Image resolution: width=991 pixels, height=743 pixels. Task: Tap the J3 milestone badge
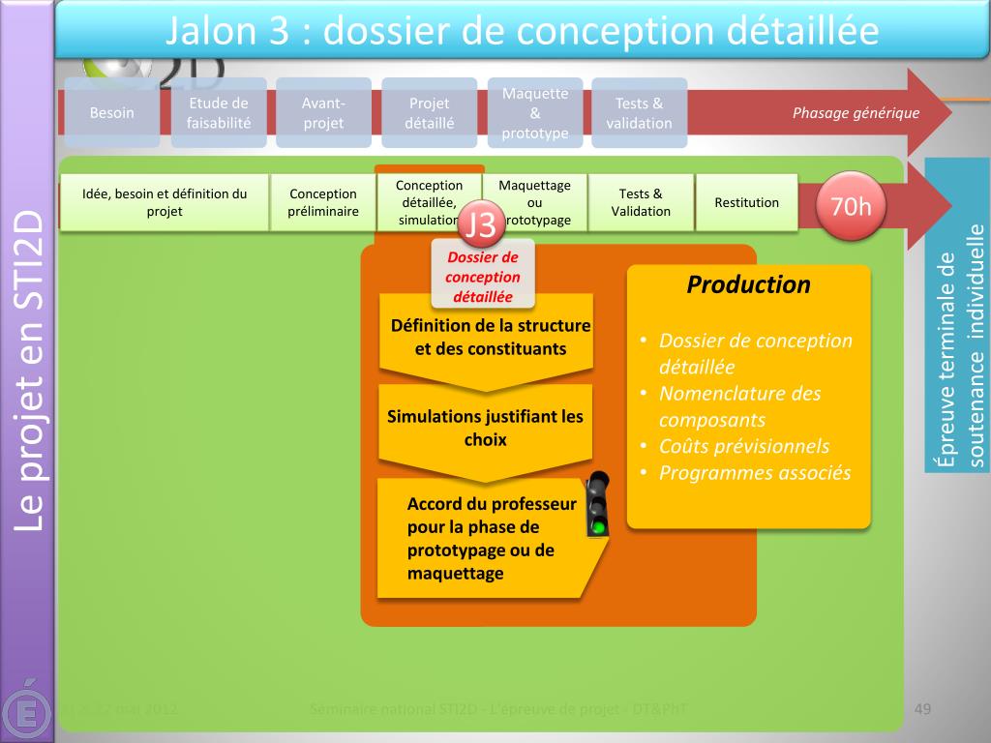[480, 223]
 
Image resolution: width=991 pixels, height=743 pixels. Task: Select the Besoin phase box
[112, 112]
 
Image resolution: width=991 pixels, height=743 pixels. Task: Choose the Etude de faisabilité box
[218, 112]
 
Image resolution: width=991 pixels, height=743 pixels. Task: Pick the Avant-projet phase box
[323, 112]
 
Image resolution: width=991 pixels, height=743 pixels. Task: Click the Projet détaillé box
[430, 112]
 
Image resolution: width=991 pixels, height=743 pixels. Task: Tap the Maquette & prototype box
[535, 112]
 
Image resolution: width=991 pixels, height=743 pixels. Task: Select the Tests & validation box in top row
[639, 112]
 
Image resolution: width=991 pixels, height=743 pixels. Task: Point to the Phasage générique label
[856, 113]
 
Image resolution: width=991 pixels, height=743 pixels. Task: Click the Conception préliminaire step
[323, 202]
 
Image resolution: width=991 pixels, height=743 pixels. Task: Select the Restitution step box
[746, 202]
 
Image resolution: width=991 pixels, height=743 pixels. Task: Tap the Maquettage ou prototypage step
[534, 202]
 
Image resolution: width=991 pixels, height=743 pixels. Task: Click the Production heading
[748, 284]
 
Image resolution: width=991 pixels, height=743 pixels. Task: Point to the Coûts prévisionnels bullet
[743, 446]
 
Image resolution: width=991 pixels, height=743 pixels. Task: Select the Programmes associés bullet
[754, 473]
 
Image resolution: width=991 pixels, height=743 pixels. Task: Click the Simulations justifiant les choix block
[485, 429]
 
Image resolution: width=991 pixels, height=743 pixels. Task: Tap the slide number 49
[922, 711]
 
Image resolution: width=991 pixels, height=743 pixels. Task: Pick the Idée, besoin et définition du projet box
[165, 202]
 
